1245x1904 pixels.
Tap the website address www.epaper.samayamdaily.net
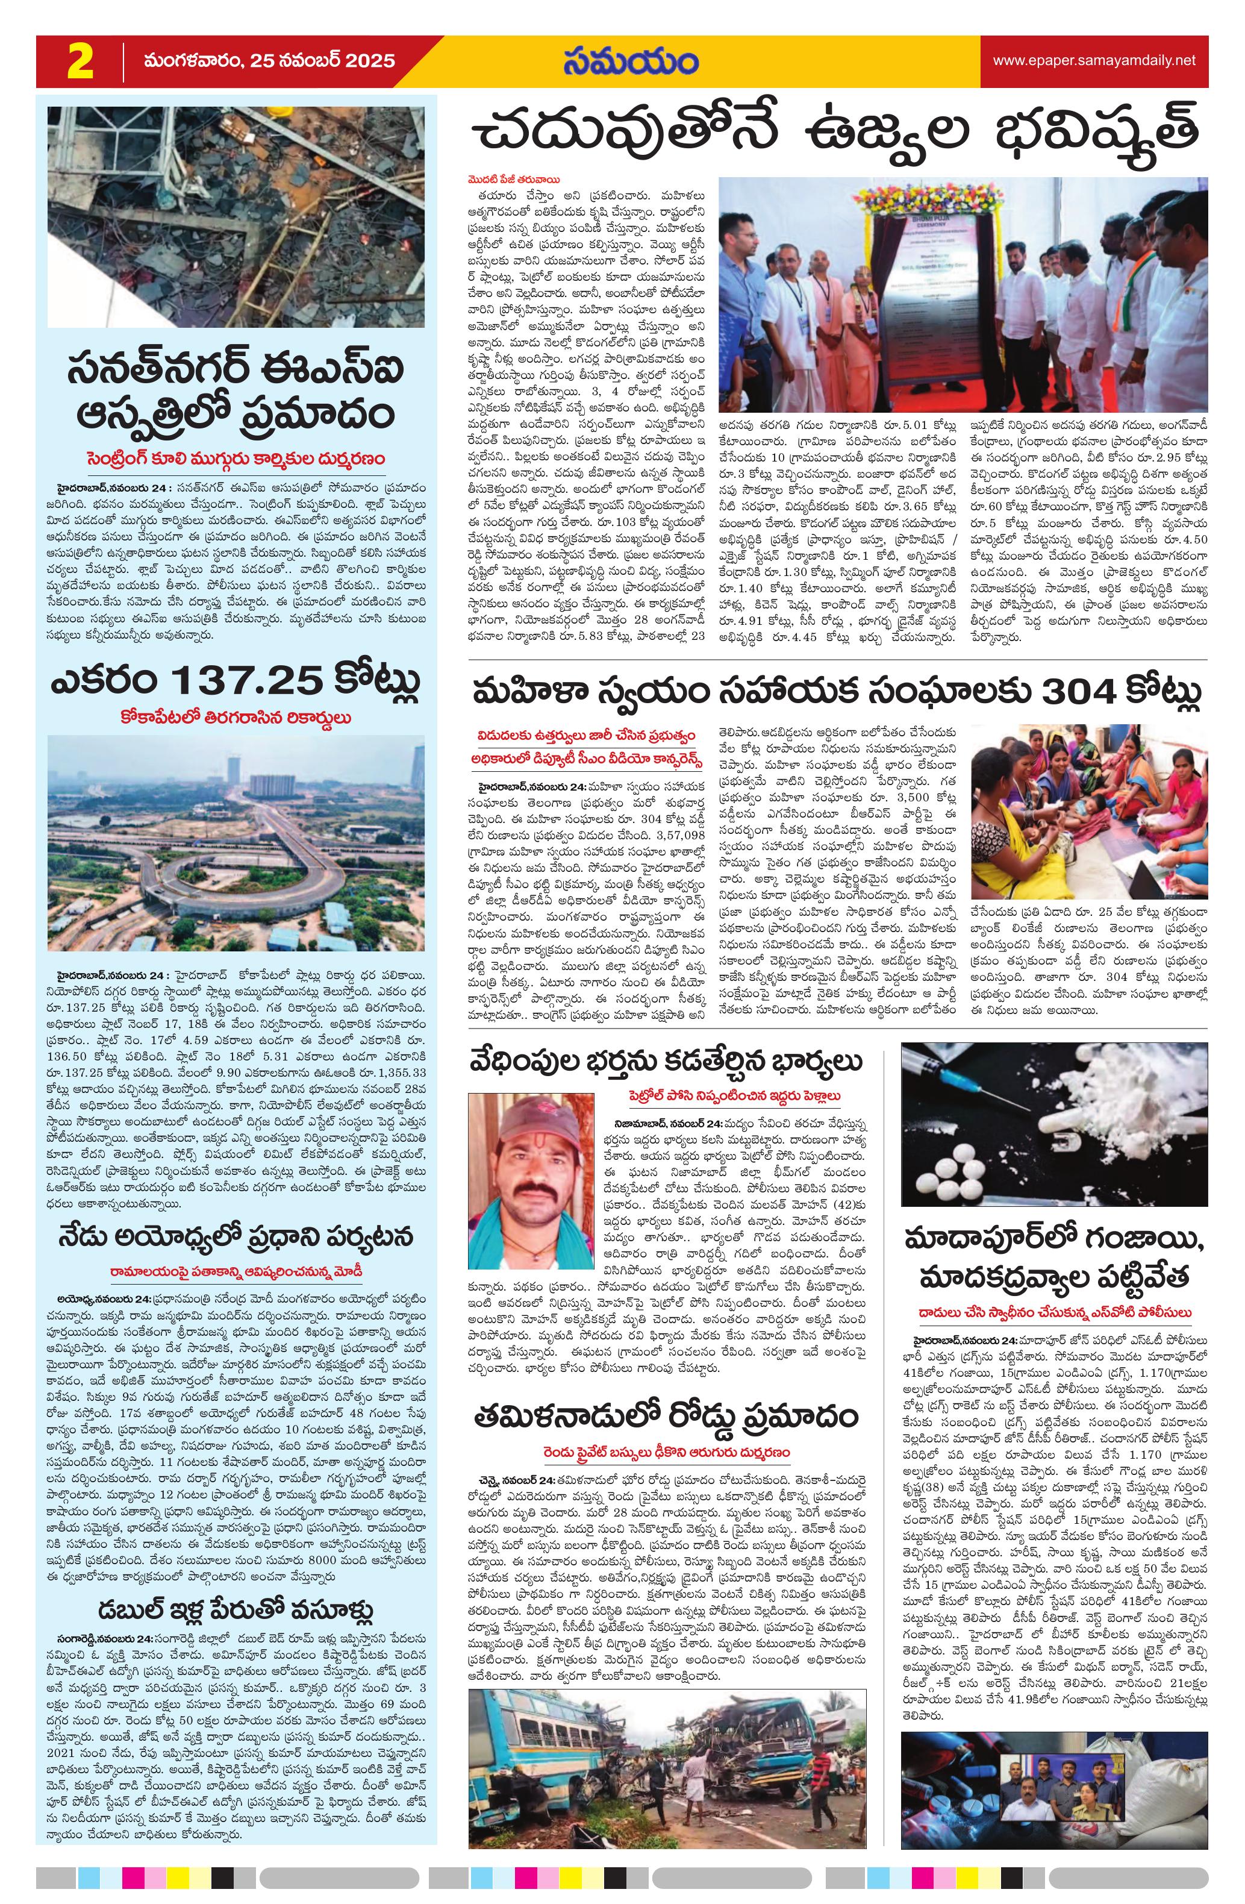[x=1094, y=61]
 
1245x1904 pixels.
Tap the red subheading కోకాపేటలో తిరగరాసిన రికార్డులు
[x=237, y=718]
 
